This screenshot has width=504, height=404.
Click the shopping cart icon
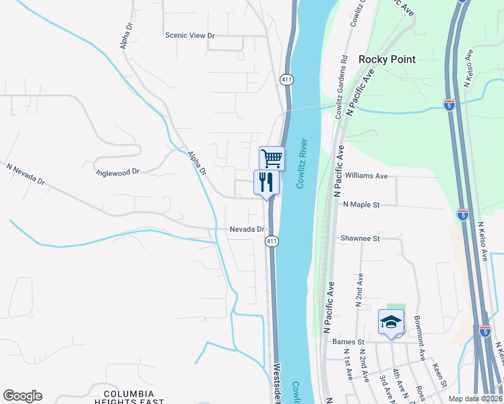pyautogui.click(x=272, y=159)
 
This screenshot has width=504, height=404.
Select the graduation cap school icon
pyautogui.click(x=391, y=321)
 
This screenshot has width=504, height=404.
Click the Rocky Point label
pyautogui.click(x=387, y=59)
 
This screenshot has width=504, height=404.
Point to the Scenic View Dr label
pyautogui.click(x=189, y=35)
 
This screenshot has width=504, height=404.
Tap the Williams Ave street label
pyautogui.click(x=366, y=176)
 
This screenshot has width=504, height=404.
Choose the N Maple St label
pyautogui.click(x=362, y=204)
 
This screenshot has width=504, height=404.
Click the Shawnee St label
pyautogui.click(x=360, y=238)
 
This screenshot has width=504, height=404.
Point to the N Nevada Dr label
pyautogui.click(x=26, y=174)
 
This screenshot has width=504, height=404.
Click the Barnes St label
pyautogui.click(x=348, y=341)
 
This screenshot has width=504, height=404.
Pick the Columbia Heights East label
pyautogui.click(x=133, y=397)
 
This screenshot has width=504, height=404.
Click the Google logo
pyautogui.click(x=22, y=396)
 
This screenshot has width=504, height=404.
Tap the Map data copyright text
pyautogui.click(x=476, y=399)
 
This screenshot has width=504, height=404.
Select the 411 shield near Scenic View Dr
pyautogui.click(x=288, y=79)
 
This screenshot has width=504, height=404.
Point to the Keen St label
pyautogui.click(x=440, y=376)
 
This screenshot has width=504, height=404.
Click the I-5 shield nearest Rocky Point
pyautogui.click(x=449, y=105)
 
